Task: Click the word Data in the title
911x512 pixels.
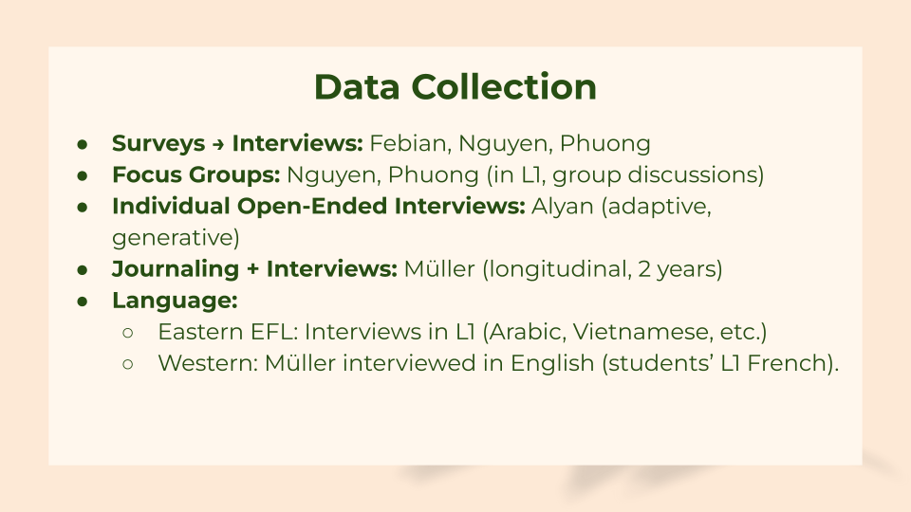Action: (357, 87)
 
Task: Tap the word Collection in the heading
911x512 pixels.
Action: (504, 87)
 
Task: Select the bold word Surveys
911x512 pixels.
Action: (158, 143)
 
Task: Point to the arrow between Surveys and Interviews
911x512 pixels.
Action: (218, 144)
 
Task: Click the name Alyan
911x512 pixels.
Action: (563, 207)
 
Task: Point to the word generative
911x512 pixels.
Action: (176, 238)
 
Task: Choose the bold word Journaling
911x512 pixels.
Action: (176, 269)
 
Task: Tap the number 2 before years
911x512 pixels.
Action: (644, 269)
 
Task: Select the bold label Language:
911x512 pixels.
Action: (175, 301)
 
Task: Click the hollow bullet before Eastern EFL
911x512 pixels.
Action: (128, 333)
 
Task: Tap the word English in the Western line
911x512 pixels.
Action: (552, 364)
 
